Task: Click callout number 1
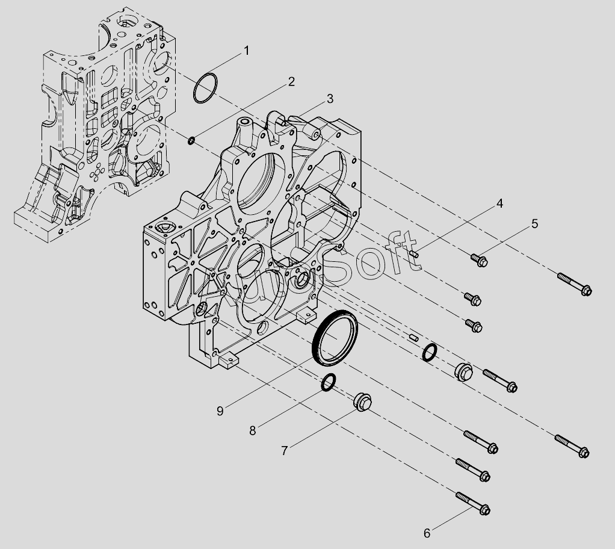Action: pyautogui.click(x=246, y=51)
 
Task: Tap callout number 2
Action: pyautogui.click(x=291, y=82)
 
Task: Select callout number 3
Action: pyautogui.click(x=330, y=99)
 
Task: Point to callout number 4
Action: pyautogui.click(x=499, y=203)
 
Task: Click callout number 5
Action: pyautogui.click(x=534, y=224)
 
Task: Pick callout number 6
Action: pyautogui.click(x=427, y=533)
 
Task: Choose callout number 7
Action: pyautogui.click(x=285, y=450)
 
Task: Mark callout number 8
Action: pyautogui.click(x=253, y=430)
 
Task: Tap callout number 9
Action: pyautogui.click(x=220, y=411)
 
